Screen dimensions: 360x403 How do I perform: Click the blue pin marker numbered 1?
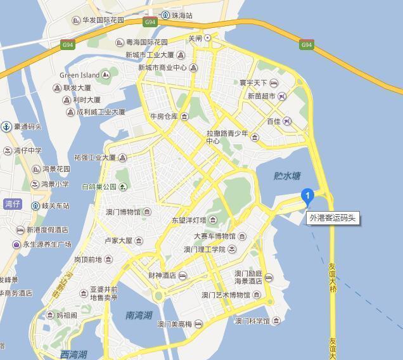tap(307, 196)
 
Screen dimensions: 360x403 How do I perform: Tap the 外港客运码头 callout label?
tap(333, 218)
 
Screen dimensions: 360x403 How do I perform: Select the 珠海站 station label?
tap(181, 15)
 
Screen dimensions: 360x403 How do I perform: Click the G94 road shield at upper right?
tap(307, 45)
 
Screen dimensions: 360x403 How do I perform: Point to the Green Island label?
tap(80, 75)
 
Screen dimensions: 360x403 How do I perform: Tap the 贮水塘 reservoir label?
tap(287, 176)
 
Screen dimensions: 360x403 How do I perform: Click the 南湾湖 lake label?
tap(138, 314)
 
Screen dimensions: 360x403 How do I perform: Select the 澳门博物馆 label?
tap(124, 212)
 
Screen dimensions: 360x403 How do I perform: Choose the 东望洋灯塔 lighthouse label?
tap(189, 221)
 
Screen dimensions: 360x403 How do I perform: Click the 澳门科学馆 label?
tap(253, 321)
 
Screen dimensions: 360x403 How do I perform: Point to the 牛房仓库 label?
tap(164, 117)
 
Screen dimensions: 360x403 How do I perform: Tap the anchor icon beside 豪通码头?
tap(6, 127)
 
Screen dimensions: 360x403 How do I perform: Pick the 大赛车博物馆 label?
tap(214, 236)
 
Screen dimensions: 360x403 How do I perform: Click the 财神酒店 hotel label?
tap(162, 276)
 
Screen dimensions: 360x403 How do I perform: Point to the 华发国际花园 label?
tap(103, 20)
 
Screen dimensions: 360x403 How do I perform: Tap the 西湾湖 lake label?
tap(73, 354)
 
